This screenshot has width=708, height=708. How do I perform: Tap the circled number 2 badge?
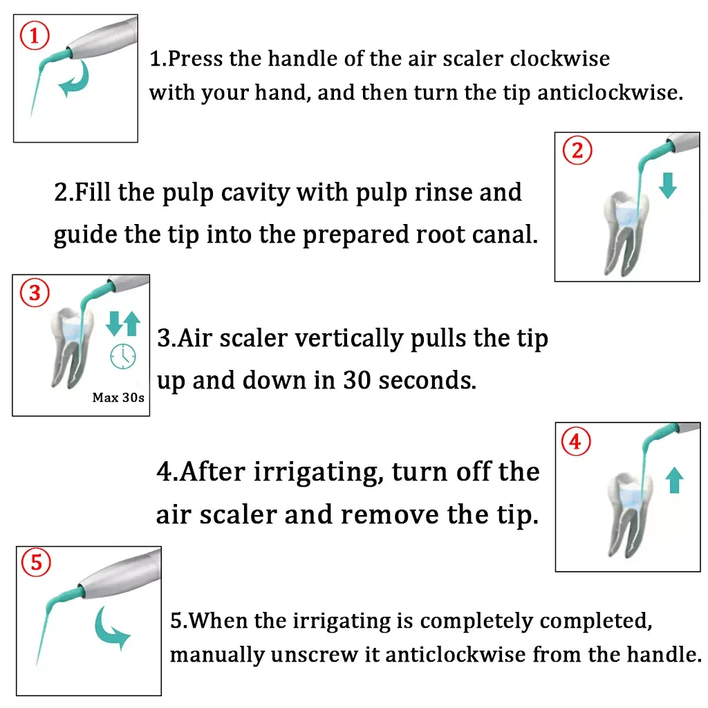[x=578, y=150]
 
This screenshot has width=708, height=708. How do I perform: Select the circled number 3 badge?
[x=34, y=295]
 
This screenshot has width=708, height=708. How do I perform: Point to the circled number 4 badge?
[x=576, y=441]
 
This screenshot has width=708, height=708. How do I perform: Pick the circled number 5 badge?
[x=37, y=563]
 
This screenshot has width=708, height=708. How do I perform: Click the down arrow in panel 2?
[x=667, y=183]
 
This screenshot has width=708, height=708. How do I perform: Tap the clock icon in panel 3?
[x=123, y=357]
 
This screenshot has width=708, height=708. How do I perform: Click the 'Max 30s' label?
[x=119, y=398]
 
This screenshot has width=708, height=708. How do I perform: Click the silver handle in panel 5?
[x=121, y=573]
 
